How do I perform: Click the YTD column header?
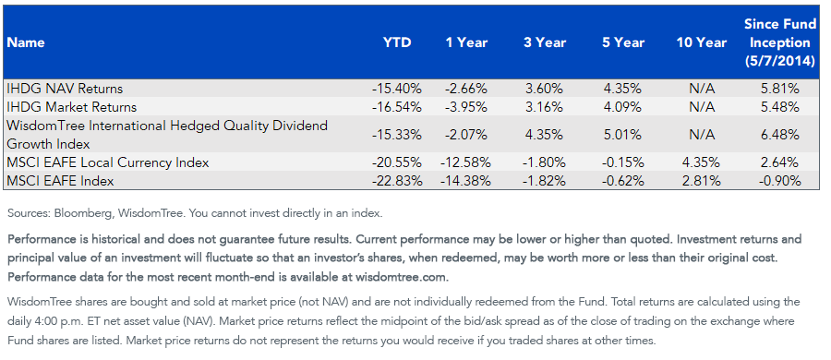[x=397, y=43]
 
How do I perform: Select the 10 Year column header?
[x=702, y=43]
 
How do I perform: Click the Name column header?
[x=26, y=43]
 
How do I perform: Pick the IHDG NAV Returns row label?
[x=65, y=89]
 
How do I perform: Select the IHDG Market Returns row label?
[x=71, y=107]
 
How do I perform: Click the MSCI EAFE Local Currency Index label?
[x=108, y=162]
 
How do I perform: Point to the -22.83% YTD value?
[x=397, y=181]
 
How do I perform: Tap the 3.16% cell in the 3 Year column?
[x=545, y=107]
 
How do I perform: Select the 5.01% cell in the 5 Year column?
[x=623, y=135]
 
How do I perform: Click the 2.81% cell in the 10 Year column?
[x=702, y=181]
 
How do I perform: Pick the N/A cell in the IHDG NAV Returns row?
[x=702, y=89]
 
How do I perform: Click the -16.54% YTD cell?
[x=397, y=107]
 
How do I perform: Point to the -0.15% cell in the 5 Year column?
[x=623, y=162]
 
